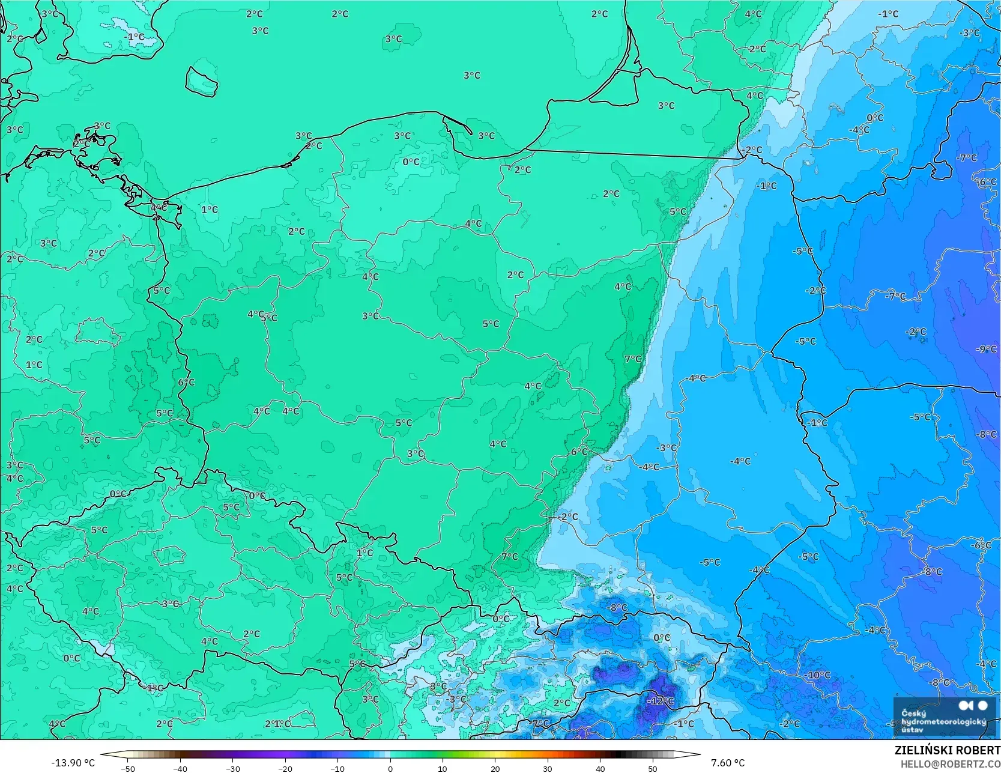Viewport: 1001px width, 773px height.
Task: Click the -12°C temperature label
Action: pos(661,701)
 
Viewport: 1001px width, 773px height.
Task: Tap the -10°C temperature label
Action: pos(818,675)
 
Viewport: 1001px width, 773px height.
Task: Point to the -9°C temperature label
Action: pos(986,349)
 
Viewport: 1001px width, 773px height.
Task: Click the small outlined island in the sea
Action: pos(201,81)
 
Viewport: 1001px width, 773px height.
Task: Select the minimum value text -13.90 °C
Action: pos(73,763)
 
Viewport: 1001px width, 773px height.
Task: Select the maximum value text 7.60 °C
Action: pos(728,763)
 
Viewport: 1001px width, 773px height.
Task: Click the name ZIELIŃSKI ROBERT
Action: pos(947,750)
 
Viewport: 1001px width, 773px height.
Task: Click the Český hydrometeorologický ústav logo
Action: pos(943,716)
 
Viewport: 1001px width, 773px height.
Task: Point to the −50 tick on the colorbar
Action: pos(128,768)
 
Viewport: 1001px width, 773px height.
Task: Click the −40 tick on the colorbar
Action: pos(180,768)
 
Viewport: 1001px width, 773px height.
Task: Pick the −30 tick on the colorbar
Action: pos(233,768)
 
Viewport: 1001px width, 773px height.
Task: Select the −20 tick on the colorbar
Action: pos(285,768)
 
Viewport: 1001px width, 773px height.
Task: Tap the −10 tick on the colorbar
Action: pos(337,768)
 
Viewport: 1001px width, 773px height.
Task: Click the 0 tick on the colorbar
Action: pos(390,768)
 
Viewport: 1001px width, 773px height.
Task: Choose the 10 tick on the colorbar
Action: pos(443,768)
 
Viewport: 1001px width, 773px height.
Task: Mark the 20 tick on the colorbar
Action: pos(495,768)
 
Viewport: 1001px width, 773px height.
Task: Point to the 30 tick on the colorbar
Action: pos(548,768)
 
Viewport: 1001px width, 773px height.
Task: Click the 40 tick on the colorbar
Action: pos(600,768)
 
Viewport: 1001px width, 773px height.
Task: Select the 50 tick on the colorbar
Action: pos(653,768)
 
